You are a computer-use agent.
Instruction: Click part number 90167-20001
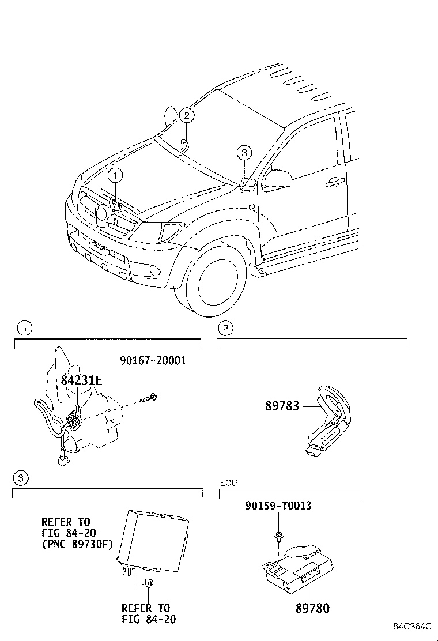(153, 361)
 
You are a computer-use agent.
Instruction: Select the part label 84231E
(81, 380)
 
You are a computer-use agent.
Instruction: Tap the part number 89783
(282, 406)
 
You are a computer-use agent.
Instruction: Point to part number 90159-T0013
(278, 506)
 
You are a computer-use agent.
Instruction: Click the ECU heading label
(228, 482)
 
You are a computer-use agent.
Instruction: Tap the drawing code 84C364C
(413, 626)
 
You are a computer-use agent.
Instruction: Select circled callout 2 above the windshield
(186, 115)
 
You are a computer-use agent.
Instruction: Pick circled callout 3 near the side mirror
(244, 153)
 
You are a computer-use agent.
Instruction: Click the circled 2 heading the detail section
(225, 329)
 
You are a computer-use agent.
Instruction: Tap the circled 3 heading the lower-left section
(20, 478)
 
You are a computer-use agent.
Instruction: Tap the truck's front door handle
(333, 183)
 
